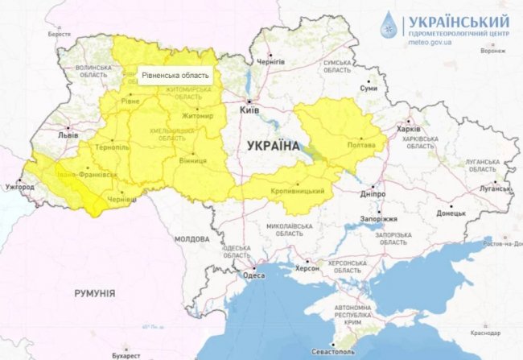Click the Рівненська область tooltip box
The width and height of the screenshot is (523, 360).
[176, 76]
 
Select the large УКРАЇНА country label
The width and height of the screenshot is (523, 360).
[269, 147]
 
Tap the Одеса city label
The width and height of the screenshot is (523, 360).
[253, 276]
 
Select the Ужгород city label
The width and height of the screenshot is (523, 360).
[20, 188]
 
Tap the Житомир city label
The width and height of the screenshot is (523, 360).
[198, 116]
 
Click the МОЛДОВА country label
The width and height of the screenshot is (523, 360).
[191, 239]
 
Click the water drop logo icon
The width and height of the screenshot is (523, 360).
[390, 27]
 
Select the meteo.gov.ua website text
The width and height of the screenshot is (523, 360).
[430, 42]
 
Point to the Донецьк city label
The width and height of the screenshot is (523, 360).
[451, 214]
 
